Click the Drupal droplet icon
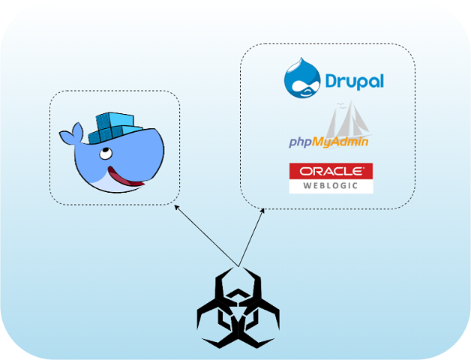click(303, 79)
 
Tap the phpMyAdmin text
click(328, 142)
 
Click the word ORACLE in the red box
click(331, 171)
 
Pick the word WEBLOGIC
click(331, 185)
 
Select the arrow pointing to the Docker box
click(205, 234)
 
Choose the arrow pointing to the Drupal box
click(251, 237)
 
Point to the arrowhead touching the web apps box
click(262, 211)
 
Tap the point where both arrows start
click(238, 265)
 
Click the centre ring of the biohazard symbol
click(238, 313)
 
